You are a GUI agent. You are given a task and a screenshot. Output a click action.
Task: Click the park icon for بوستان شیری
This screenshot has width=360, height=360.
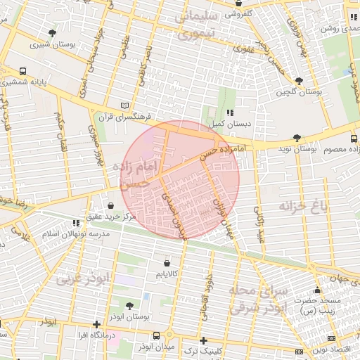point(52,33)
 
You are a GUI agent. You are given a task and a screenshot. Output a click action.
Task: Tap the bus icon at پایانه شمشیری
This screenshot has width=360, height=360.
point(23,71)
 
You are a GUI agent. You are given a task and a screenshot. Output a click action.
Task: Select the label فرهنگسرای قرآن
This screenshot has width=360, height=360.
point(137,117)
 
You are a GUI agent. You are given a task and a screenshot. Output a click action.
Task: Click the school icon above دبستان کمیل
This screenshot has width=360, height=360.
point(230,112)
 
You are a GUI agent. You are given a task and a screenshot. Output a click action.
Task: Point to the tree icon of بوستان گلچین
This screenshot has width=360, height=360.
point(299,82)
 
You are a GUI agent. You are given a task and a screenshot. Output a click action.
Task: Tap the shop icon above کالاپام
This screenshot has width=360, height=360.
point(167,263)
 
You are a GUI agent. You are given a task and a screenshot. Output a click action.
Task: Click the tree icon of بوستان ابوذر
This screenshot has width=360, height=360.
point(129,306)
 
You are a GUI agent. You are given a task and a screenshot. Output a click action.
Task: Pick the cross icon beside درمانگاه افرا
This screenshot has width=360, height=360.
point(96,324)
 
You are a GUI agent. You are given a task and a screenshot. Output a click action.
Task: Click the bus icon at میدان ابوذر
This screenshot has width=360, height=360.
point(168,335)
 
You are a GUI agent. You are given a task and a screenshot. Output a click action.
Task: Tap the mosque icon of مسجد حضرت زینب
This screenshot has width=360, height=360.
point(317,290)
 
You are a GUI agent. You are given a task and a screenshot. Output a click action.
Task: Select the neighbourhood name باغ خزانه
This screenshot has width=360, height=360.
point(304,206)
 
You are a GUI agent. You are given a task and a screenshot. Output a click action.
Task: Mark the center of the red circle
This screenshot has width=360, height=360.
point(180,180)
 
